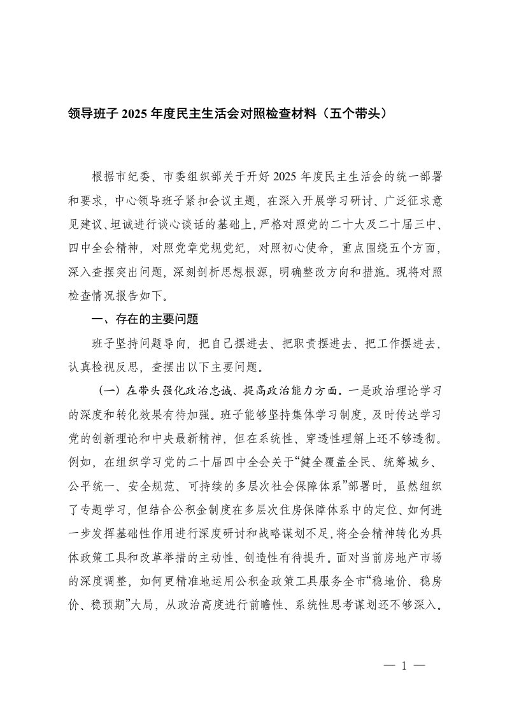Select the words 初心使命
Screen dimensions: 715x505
pos(299,247)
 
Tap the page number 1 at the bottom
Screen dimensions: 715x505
pos(404,667)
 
